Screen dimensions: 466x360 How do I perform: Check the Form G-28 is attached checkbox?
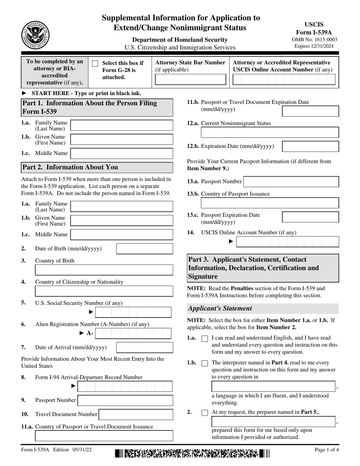point(95,64)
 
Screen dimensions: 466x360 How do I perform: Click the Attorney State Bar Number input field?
point(191,80)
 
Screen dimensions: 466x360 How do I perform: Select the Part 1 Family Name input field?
point(122,125)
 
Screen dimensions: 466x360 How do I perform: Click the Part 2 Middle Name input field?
point(122,235)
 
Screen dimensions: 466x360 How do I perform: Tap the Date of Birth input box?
point(144,249)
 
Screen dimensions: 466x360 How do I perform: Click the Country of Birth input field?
point(104,270)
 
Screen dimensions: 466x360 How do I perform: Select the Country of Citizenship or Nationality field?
point(104,291)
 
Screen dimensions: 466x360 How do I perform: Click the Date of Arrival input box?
point(144,347)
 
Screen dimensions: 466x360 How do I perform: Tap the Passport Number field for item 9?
point(125,400)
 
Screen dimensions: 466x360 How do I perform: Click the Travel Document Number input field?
point(136,414)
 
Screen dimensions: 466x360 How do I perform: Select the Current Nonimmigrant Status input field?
point(270,132)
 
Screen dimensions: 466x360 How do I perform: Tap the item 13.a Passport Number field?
point(291,181)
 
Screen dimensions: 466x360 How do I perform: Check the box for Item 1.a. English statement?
point(205,339)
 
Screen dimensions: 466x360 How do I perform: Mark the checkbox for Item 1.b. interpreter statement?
point(205,363)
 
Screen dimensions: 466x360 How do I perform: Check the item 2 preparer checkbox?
point(205,413)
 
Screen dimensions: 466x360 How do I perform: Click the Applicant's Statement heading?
point(220,308)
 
